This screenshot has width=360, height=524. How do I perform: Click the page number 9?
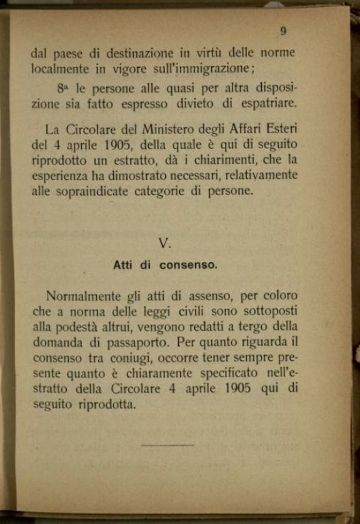point(284,31)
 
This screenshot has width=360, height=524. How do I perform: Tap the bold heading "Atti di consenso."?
point(165,265)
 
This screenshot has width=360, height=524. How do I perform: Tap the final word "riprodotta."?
point(106,404)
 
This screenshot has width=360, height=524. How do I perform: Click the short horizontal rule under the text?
point(167,445)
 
